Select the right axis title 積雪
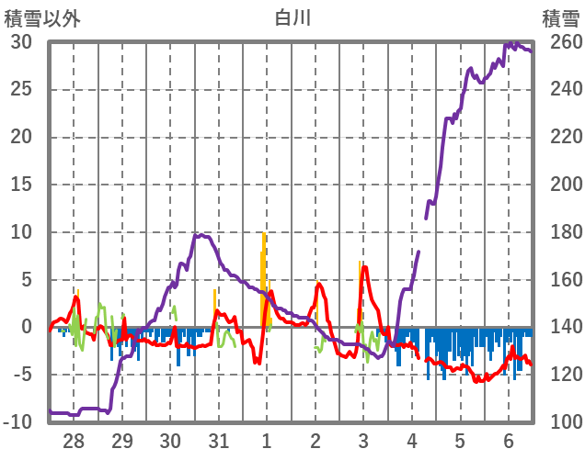(560, 18)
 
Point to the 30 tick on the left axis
(21, 42)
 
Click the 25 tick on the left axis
(21, 90)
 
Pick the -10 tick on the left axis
(17, 422)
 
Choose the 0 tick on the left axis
(27, 327)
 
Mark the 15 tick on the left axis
(21, 185)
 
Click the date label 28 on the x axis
(75, 439)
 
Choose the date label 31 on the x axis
(218, 439)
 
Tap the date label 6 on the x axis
(508, 439)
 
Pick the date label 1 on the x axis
(267, 439)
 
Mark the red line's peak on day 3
(365, 267)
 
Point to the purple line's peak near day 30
(198, 235)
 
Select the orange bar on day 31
(215, 303)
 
